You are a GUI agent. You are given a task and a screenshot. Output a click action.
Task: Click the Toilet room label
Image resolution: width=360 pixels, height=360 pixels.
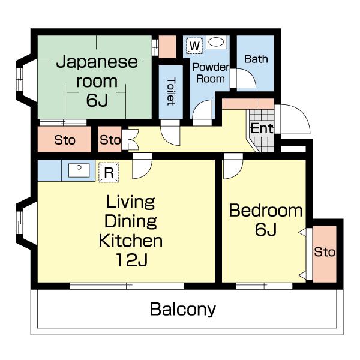click(171, 91)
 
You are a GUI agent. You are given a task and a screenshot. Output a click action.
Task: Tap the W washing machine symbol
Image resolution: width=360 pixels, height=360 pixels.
click(194, 46)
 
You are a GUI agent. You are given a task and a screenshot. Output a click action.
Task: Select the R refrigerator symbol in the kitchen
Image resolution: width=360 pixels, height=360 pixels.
click(109, 172)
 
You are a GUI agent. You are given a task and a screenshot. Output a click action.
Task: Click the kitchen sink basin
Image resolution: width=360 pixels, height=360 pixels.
click(79, 170)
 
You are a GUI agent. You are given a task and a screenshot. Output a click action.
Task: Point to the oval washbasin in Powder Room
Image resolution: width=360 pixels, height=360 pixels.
click(216, 42)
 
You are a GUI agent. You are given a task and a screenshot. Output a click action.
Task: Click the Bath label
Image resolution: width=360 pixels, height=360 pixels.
click(256, 59)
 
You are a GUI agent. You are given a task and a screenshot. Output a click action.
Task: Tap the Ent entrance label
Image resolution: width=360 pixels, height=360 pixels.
click(262, 128)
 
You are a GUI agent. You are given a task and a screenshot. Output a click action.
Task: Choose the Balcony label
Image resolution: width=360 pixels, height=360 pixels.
click(183, 309)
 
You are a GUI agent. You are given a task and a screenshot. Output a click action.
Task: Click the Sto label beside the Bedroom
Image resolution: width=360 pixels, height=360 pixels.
click(325, 252)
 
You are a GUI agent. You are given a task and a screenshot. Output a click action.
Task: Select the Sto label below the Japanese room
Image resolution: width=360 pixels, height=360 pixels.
click(65, 140)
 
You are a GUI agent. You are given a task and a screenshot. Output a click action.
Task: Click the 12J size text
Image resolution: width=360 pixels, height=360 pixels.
click(131, 260)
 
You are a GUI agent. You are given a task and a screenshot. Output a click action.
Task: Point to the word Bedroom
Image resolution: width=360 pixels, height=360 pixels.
click(266, 211)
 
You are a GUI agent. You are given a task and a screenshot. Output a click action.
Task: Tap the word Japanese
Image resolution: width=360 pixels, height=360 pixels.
click(97, 62)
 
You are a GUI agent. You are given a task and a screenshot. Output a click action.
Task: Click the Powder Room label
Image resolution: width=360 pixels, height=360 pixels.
click(211, 73)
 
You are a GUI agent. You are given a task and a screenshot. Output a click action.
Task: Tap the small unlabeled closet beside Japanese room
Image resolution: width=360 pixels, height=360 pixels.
click(167, 47)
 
